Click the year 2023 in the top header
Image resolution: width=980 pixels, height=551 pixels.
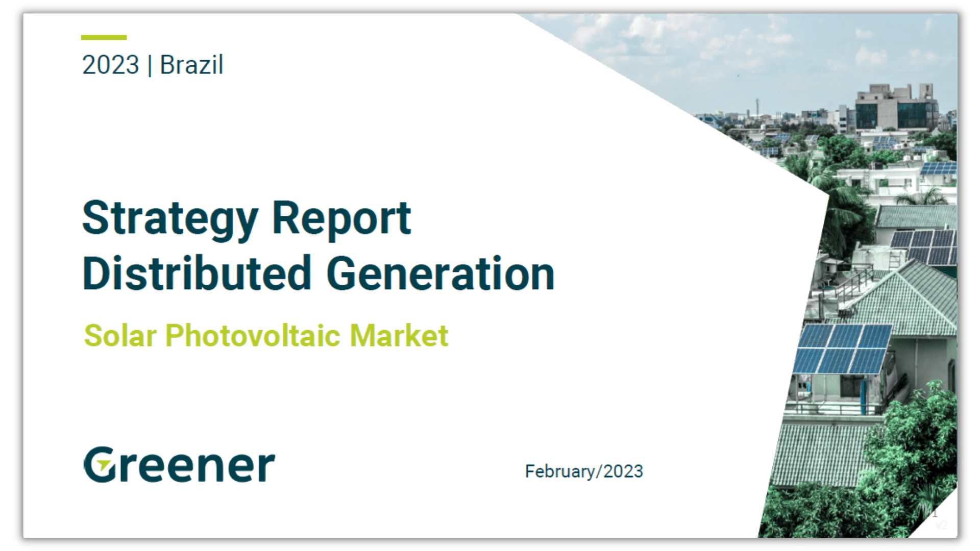coord(110,65)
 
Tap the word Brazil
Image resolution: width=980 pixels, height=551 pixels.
coord(192,65)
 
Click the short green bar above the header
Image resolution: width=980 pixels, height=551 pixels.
coord(104,37)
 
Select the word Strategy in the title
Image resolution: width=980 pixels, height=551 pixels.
coord(170,220)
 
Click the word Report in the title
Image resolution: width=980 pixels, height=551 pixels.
coord(341,219)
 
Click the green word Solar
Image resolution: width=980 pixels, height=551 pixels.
coord(120,336)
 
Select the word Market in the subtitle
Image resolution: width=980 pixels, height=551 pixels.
coord(399,336)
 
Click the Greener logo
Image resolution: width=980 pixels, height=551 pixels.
coord(179,464)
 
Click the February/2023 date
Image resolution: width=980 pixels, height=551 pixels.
coord(584,471)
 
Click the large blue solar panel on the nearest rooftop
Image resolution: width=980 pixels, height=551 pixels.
coord(842,349)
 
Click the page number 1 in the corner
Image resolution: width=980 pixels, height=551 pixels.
coord(935,513)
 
